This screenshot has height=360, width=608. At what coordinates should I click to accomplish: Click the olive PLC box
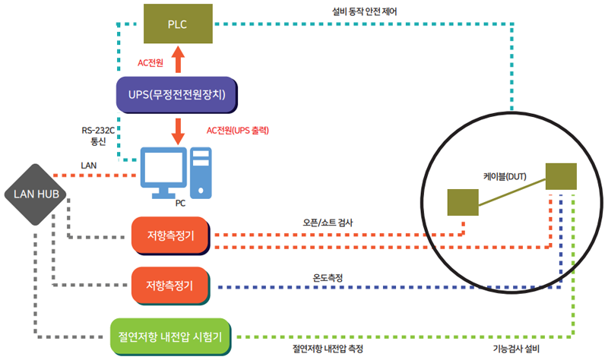coord(178,24)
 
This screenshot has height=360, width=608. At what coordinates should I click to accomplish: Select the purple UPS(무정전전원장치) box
coord(177,95)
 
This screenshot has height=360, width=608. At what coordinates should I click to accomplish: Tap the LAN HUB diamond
coord(36,194)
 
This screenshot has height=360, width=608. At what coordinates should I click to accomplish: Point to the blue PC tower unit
coord(201,173)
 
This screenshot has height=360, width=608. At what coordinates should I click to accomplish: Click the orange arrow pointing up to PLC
coord(178,59)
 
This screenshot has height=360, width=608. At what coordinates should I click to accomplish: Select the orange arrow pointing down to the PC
coord(178,131)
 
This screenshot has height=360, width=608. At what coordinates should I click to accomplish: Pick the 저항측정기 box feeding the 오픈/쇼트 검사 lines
coord(170,235)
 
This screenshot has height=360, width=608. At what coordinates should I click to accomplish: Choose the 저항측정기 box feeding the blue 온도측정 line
coord(170,286)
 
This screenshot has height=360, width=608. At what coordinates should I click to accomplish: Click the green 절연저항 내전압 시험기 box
coord(170,336)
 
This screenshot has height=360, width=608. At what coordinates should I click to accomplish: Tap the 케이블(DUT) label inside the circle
coord(505,177)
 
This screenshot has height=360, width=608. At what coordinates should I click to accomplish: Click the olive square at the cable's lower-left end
coord(463,202)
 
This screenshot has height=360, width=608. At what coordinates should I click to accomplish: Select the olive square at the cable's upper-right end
coord(561,177)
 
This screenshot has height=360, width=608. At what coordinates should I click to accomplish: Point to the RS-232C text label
coord(98,130)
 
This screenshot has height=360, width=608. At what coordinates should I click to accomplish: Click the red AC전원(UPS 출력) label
coord(238,130)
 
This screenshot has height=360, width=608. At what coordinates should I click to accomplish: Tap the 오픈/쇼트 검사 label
coord(328,223)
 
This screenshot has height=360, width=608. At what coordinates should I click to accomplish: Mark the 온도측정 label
coord(328,278)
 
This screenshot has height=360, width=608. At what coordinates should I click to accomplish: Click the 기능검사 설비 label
coord(516,349)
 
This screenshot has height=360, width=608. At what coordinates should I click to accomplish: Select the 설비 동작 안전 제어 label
coord(365,11)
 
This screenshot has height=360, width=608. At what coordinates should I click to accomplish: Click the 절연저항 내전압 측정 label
coord(328,349)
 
